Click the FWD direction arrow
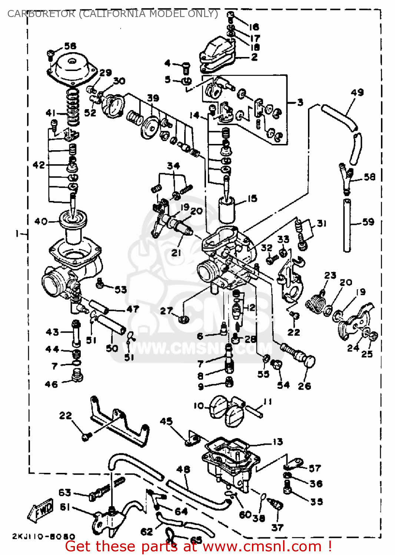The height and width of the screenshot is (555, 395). [41, 511]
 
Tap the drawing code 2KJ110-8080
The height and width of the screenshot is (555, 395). [43, 536]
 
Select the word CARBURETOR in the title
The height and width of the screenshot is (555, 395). [41, 14]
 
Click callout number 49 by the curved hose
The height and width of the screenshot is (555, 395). [357, 92]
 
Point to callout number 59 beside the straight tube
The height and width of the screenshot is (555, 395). [368, 222]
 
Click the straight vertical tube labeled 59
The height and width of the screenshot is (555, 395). [347, 226]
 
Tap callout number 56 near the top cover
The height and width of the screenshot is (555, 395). [70, 46]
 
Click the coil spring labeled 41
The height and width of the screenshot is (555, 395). [73, 107]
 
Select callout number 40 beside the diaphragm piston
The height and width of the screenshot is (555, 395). [41, 221]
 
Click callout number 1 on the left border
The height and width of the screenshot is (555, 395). [17, 233]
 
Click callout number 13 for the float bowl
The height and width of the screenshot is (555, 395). [278, 441]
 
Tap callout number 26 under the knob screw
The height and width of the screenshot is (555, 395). [304, 386]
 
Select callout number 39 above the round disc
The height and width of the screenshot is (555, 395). [153, 98]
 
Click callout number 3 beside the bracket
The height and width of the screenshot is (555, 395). [300, 102]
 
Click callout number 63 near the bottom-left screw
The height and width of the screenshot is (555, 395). [64, 492]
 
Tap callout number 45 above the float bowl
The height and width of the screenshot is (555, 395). [166, 421]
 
